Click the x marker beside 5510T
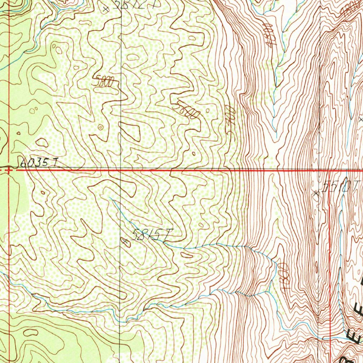click(x=316, y=193)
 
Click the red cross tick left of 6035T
click(x=8, y=170)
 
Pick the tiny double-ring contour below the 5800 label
click(x=101, y=127)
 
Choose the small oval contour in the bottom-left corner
click(x=31, y=332)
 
